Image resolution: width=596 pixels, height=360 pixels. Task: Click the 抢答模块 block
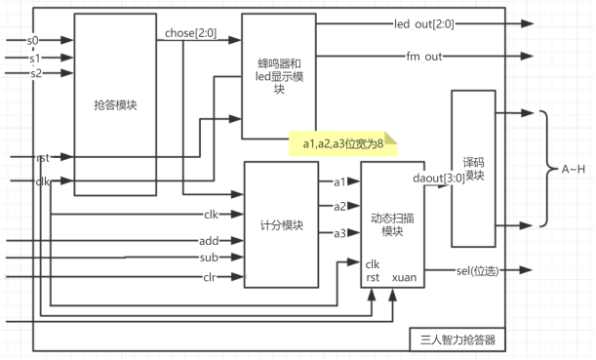click(114, 104)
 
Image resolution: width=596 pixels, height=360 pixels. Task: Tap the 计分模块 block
click(281, 225)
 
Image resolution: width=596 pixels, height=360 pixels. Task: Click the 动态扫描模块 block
click(392, 223)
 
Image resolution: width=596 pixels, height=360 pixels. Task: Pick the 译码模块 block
click(473, 168)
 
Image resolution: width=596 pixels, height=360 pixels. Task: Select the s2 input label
click(36, 73)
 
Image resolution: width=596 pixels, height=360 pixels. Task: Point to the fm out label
click(425, 57)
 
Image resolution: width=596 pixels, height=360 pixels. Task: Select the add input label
click(209, 240)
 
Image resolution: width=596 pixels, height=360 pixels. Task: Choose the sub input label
click(209, 259)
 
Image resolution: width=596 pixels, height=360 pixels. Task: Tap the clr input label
click(209, 277)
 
